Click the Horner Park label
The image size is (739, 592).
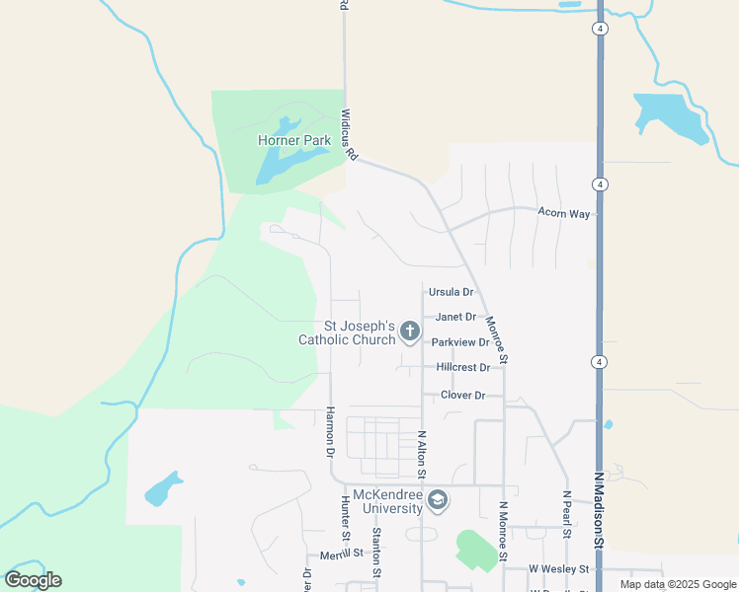click(x=294, y=141)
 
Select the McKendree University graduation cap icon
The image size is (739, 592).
click(x=438, y=502)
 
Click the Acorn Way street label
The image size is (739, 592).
click(x=563, y=213)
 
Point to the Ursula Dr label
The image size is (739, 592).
click(x=452, y=293)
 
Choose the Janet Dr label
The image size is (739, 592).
click(x=456, y=317)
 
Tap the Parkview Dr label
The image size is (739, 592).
click(x=460, y=342)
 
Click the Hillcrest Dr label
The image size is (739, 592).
click(x=463, y=367)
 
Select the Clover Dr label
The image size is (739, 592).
click(x=462, y=396)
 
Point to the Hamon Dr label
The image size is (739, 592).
click(x=330, y=431)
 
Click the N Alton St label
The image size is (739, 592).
click(x=422, y=454)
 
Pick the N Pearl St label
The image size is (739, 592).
click(x=567, y=514)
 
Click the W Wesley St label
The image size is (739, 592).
click(x=558, y=569)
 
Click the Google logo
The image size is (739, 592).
click(x=33, y=580)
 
